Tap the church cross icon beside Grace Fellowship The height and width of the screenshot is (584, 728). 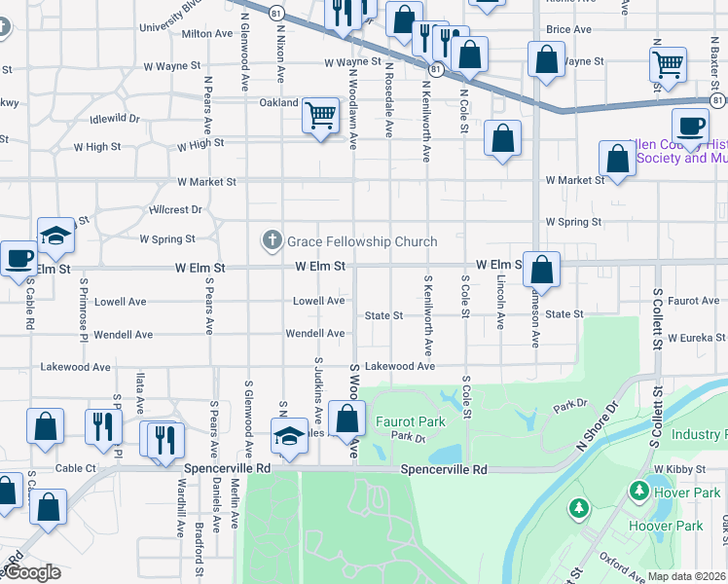tap(272, 240)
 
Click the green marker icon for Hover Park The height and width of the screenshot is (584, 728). tap(639, 491)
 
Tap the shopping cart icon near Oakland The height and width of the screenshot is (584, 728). tap(320, 116)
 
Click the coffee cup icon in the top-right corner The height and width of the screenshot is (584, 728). tap(690, 126)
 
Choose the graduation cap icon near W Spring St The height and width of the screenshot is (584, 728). tap(55, 236)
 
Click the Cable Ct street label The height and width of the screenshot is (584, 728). tap(76, 468)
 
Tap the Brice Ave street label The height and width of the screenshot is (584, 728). tap(569, 30)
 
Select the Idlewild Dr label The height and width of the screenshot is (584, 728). tap(115, 119)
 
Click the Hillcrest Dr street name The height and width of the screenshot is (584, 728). tap(175, 209)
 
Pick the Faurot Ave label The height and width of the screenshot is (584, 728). tap(694, 301)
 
